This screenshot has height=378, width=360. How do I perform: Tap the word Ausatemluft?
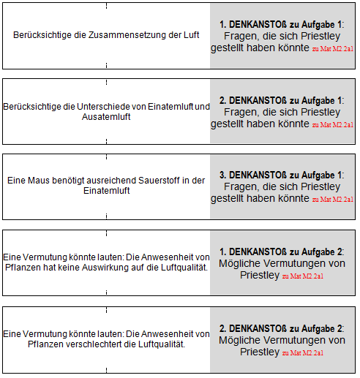point(106,117)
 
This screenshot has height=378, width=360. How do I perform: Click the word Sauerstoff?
point(150,181)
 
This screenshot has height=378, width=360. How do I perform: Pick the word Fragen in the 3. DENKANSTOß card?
point(239,186)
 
